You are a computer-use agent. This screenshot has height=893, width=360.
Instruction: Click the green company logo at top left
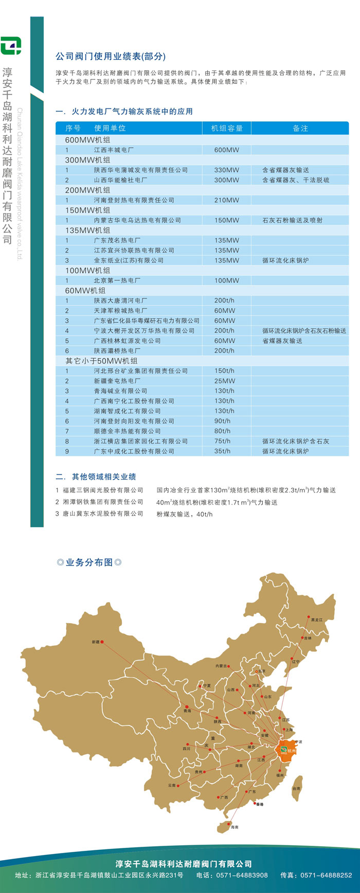click(x=11, y=46)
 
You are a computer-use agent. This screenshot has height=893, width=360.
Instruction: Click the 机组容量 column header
click(x=227, y=128)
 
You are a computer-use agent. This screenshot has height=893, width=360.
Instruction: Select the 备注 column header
click(x=300, y=128)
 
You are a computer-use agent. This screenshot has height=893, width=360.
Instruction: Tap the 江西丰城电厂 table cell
click(x=114, y=150)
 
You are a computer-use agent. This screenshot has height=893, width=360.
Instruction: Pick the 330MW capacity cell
click(x=227, y=170)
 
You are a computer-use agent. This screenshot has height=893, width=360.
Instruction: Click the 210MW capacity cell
click(x=227, y=200)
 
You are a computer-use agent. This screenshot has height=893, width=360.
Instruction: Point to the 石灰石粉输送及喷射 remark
click(x=292, y=220)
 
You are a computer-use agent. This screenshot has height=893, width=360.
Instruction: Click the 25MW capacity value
click(x=225, y=381)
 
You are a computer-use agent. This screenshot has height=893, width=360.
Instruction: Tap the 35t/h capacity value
click(x=223, y=451)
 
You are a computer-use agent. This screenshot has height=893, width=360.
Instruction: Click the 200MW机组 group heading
click(x=87, y=190)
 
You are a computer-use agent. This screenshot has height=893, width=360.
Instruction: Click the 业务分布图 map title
click(x=89, y=562)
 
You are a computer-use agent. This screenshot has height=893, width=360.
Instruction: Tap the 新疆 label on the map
click(x=96, y=642)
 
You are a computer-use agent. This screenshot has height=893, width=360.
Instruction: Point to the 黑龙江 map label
click(x=317, y=620)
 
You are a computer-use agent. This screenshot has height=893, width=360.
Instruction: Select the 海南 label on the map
click(x=235, y=827)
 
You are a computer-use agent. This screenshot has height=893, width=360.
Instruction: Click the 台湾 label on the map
click(x=296, y=788)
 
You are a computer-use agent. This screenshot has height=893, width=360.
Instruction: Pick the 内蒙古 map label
click(x=221, y=666)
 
